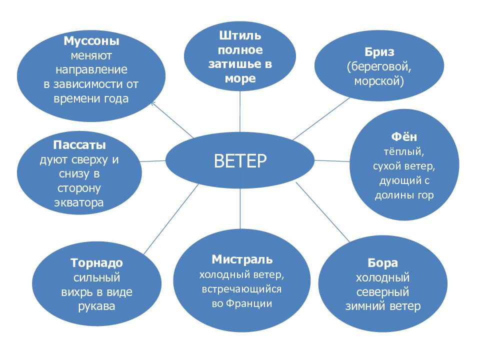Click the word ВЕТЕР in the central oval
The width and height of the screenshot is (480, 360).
tap(240, 161)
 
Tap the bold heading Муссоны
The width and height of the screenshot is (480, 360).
tap(91, 40)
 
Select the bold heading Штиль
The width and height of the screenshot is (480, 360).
tap(240, 36)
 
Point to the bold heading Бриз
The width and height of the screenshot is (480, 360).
tap(379, 52)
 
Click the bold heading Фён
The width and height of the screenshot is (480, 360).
tap(404, 137)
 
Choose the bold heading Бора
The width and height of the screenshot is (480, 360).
tap(382, 263)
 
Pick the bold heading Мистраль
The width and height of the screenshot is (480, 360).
tap(242, 259)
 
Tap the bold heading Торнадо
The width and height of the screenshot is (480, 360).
tap(96, 263)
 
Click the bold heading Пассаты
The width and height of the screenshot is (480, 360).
tap(79, 145)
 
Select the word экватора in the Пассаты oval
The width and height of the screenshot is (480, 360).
tap(79, 203)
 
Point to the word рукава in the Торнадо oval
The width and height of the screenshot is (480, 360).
tap(96, 306)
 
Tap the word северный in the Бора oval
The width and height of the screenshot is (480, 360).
tap(383, 291)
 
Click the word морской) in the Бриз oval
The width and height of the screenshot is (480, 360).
tap(379, 80)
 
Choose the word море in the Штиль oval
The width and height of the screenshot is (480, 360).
tap(240, 78)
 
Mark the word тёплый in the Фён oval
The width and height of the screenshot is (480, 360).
tap(404, 151)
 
